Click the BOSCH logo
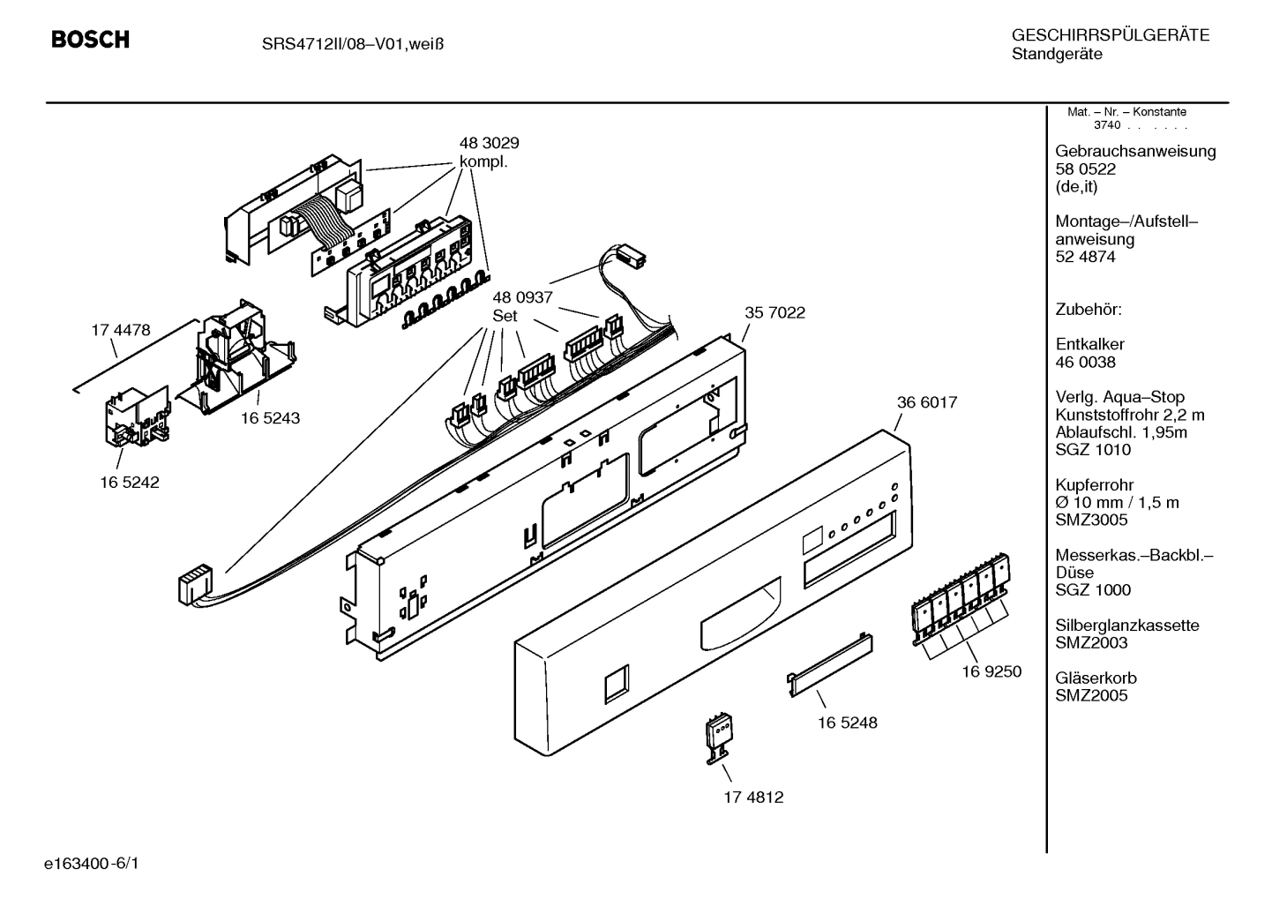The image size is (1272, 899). (90, 40)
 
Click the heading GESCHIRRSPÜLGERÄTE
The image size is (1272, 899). (1110, 35)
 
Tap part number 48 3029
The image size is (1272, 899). (489, 143)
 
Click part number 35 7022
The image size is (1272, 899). (774, 312)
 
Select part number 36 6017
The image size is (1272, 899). (926, 402)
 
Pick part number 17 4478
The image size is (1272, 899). (121, 330)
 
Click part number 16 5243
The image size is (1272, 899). (270, 418)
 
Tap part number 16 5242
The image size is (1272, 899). (130, 483)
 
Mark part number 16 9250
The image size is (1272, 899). (991, 671)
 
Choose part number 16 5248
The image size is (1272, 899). (847, 723)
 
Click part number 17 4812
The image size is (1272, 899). (753, 798)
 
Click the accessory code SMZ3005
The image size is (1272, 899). (1091, 520)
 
